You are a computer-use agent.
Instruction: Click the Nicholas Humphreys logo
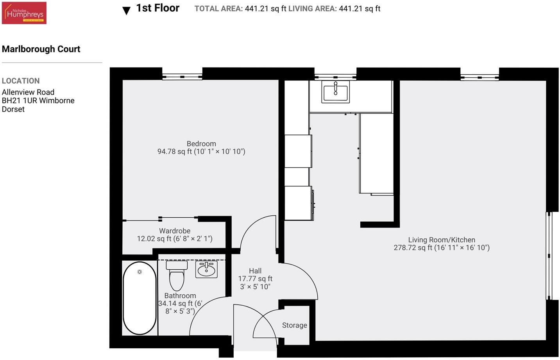[24, 13]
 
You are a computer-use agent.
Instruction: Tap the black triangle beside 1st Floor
[126, 11]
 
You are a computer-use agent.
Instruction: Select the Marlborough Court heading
[41, 49]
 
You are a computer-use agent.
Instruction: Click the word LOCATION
[21, 81]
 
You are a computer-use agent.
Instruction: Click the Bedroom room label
[201, 144]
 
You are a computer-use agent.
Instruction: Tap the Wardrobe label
[175, 231]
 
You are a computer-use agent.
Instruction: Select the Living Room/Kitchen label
[442, 240]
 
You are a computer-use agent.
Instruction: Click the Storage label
[294, 325]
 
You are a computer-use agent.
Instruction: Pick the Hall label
[255, 271]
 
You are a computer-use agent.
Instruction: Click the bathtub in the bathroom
[140, 298]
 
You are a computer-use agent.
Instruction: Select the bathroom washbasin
[206, 269]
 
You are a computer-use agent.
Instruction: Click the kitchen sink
[335, 91]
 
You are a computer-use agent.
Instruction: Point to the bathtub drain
[140, 272]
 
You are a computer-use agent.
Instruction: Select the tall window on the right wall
[549, 256]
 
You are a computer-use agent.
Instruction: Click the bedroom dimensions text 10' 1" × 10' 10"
[220, 152]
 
